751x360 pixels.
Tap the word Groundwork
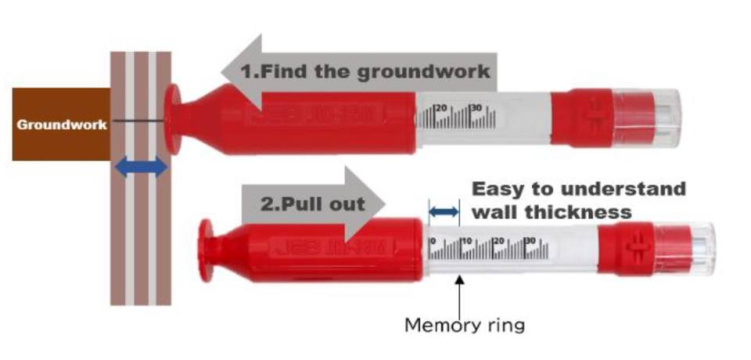click(61, 124)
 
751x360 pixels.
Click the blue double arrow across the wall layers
click(142, 166)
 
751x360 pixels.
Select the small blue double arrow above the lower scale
click(444, 211)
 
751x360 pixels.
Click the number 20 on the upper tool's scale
click(440, 107)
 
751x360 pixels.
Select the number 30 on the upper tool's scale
click(475, 107)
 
